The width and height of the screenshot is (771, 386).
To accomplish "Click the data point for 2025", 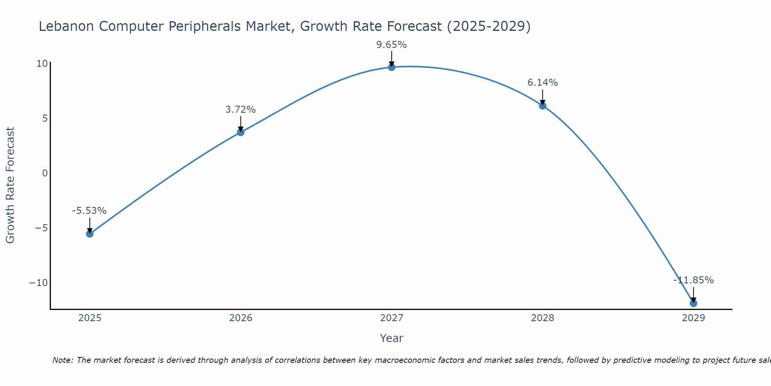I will (x=90, y=234).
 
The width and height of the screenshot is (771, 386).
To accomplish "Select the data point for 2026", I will (x=241, y=132).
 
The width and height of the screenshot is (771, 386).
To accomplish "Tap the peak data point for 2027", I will (x=392, y=67).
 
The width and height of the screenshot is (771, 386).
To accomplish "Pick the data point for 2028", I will (x=542, y=105).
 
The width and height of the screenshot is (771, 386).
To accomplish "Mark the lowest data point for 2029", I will (x=694, y=303).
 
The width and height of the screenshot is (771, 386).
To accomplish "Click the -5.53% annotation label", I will (x=89, y=211).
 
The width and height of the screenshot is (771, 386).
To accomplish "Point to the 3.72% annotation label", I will (x=241, y=110).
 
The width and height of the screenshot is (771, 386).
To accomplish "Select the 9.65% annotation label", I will (x=392, y=45).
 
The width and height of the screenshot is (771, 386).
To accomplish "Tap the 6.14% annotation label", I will (x=542, y=83).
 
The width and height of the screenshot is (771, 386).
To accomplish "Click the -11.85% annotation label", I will (x=694, y=280).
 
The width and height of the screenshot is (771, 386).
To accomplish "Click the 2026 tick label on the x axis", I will (x=241, y=318).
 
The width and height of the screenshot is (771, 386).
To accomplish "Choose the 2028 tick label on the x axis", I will (x=542, y=318).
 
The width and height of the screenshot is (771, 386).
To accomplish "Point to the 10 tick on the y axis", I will (x=42, y=64).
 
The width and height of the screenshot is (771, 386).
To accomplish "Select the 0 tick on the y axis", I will (x=45, y=173).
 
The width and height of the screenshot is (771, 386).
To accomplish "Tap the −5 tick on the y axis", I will (x=41, y=228).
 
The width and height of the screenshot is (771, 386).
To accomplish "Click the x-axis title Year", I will (x=392, y=338).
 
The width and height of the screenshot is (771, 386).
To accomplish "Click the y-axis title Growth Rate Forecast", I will (x=10, y=185).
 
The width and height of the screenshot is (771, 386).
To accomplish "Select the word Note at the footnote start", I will (x=62, y=360).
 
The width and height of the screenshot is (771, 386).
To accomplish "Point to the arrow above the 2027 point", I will (x=392, y=59).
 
